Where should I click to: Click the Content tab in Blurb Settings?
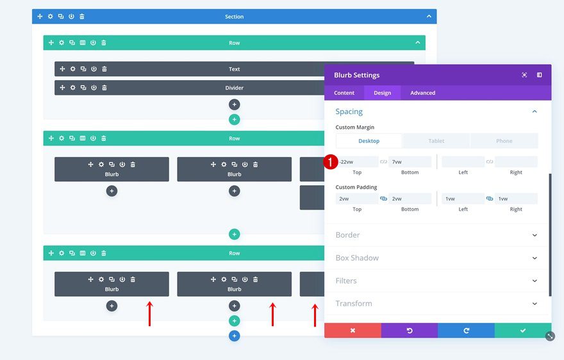[344, 93]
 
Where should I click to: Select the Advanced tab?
[422, 93]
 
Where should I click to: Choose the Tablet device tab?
[436, 141]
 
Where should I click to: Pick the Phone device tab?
[504, 141]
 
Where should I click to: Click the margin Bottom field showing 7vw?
[410, 162]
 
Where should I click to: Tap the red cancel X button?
[352, 331]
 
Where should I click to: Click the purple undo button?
[409, 331]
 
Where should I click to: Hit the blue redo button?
[466, 331]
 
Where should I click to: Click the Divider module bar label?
[235, 88]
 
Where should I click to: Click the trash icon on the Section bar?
[82, 17]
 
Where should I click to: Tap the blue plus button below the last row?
[235, 336]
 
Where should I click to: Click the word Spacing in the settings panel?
[349, 111]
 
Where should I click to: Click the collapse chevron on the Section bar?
[429, 17]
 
